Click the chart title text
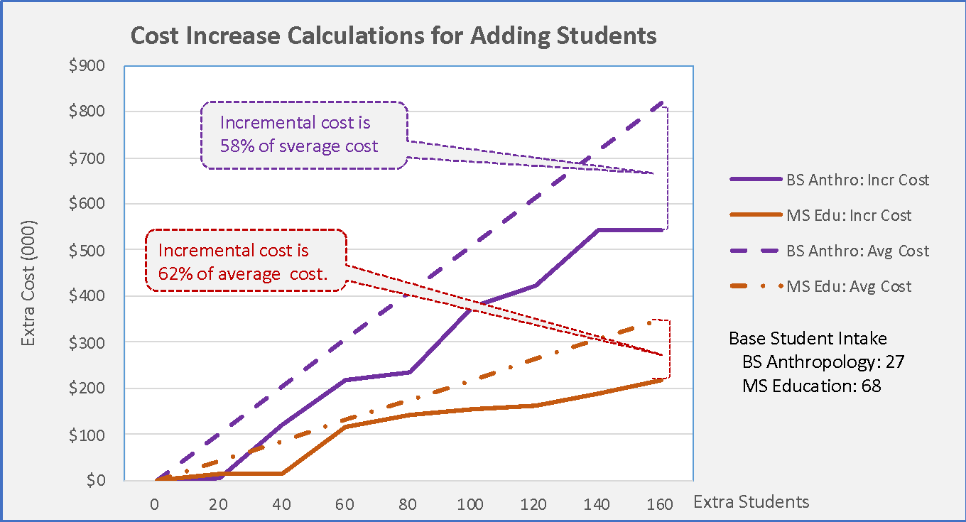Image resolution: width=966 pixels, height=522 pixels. (394, 36)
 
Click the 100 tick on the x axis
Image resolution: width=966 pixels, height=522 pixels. (470, 504)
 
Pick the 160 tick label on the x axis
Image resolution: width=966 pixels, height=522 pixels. (660, 504)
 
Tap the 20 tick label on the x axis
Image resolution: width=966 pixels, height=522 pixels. (218, 504)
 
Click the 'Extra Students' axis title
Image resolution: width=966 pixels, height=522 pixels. (751, 502)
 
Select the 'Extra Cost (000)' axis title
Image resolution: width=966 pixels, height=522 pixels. (28, 282)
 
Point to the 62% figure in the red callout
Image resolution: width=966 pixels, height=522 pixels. (175, 274)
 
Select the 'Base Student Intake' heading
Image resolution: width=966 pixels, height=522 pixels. (808, 338)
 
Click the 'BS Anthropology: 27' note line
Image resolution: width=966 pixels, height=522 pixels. (823, 362)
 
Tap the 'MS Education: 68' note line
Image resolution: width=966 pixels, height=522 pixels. (811, 386)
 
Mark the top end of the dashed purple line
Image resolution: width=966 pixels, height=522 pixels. (662, 102)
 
